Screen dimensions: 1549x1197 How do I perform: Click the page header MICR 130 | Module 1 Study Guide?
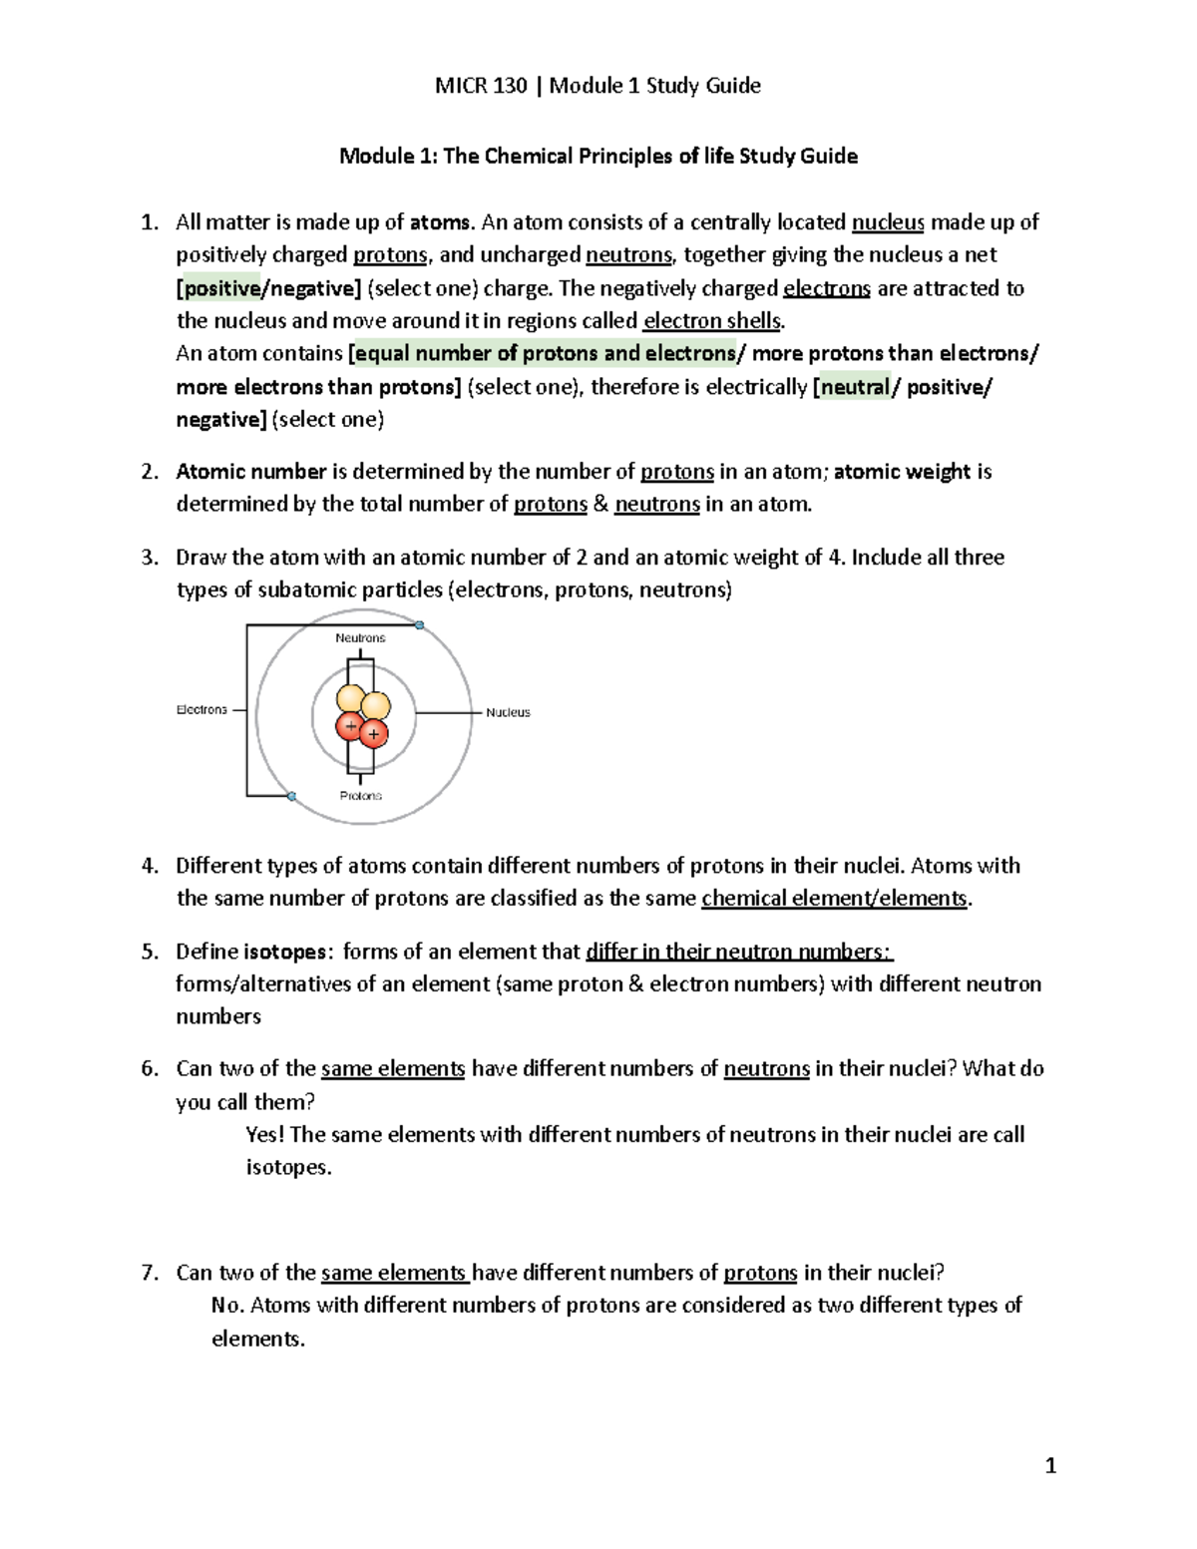(598, 86)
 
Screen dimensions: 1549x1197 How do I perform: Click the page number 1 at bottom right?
(1049, 1465)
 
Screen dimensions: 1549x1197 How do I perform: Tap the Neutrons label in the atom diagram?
(360, 638)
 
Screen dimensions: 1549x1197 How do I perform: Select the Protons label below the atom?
(360, 796)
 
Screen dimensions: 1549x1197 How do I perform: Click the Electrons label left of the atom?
(201, 710)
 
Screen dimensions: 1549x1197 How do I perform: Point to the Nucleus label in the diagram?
(508, 712)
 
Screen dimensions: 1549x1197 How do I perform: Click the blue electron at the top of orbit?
(420, 625)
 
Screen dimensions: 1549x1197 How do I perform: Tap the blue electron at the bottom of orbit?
(292, 797)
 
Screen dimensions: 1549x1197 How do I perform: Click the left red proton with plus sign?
(349, 726)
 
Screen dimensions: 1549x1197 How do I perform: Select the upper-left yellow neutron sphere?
(350, 699)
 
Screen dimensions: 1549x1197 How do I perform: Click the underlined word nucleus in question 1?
(888, 222)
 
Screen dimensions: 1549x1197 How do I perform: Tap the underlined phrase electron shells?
(713, 321)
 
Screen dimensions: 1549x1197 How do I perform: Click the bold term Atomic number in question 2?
(251, 472)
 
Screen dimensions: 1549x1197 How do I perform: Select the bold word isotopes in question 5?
(285, 952)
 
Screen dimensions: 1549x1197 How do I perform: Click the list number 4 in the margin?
(149, 866)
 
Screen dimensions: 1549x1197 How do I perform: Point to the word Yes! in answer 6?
(264, 1135)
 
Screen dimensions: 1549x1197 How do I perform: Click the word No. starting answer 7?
(227, 1306)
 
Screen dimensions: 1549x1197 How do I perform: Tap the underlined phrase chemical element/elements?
(834, 899)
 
